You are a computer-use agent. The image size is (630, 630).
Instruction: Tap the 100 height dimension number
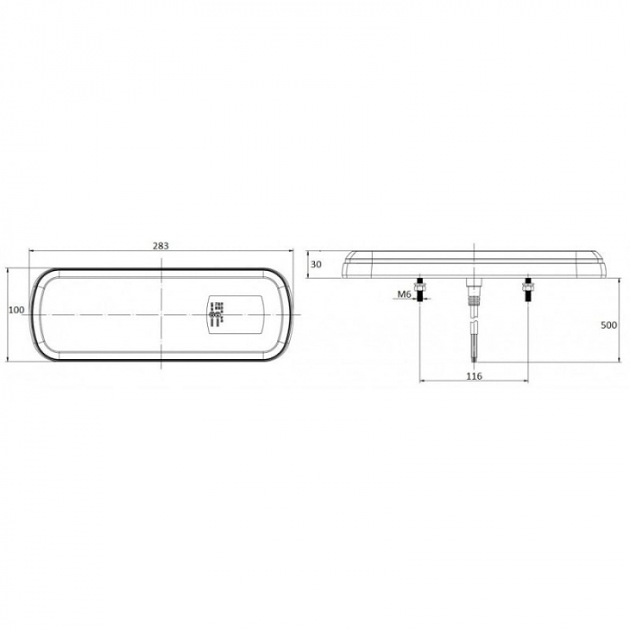coord(15,310)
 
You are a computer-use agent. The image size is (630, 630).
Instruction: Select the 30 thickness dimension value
coord(315,264)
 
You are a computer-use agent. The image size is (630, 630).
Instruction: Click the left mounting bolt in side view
coord(420,291)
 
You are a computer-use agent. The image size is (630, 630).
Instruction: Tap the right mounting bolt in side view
coord(530,291)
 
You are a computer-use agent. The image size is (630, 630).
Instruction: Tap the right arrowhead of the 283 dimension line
coord(292,253)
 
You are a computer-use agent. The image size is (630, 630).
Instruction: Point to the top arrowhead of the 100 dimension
coord(8,269)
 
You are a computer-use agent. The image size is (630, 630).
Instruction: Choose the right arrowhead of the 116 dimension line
coord(527,382)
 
